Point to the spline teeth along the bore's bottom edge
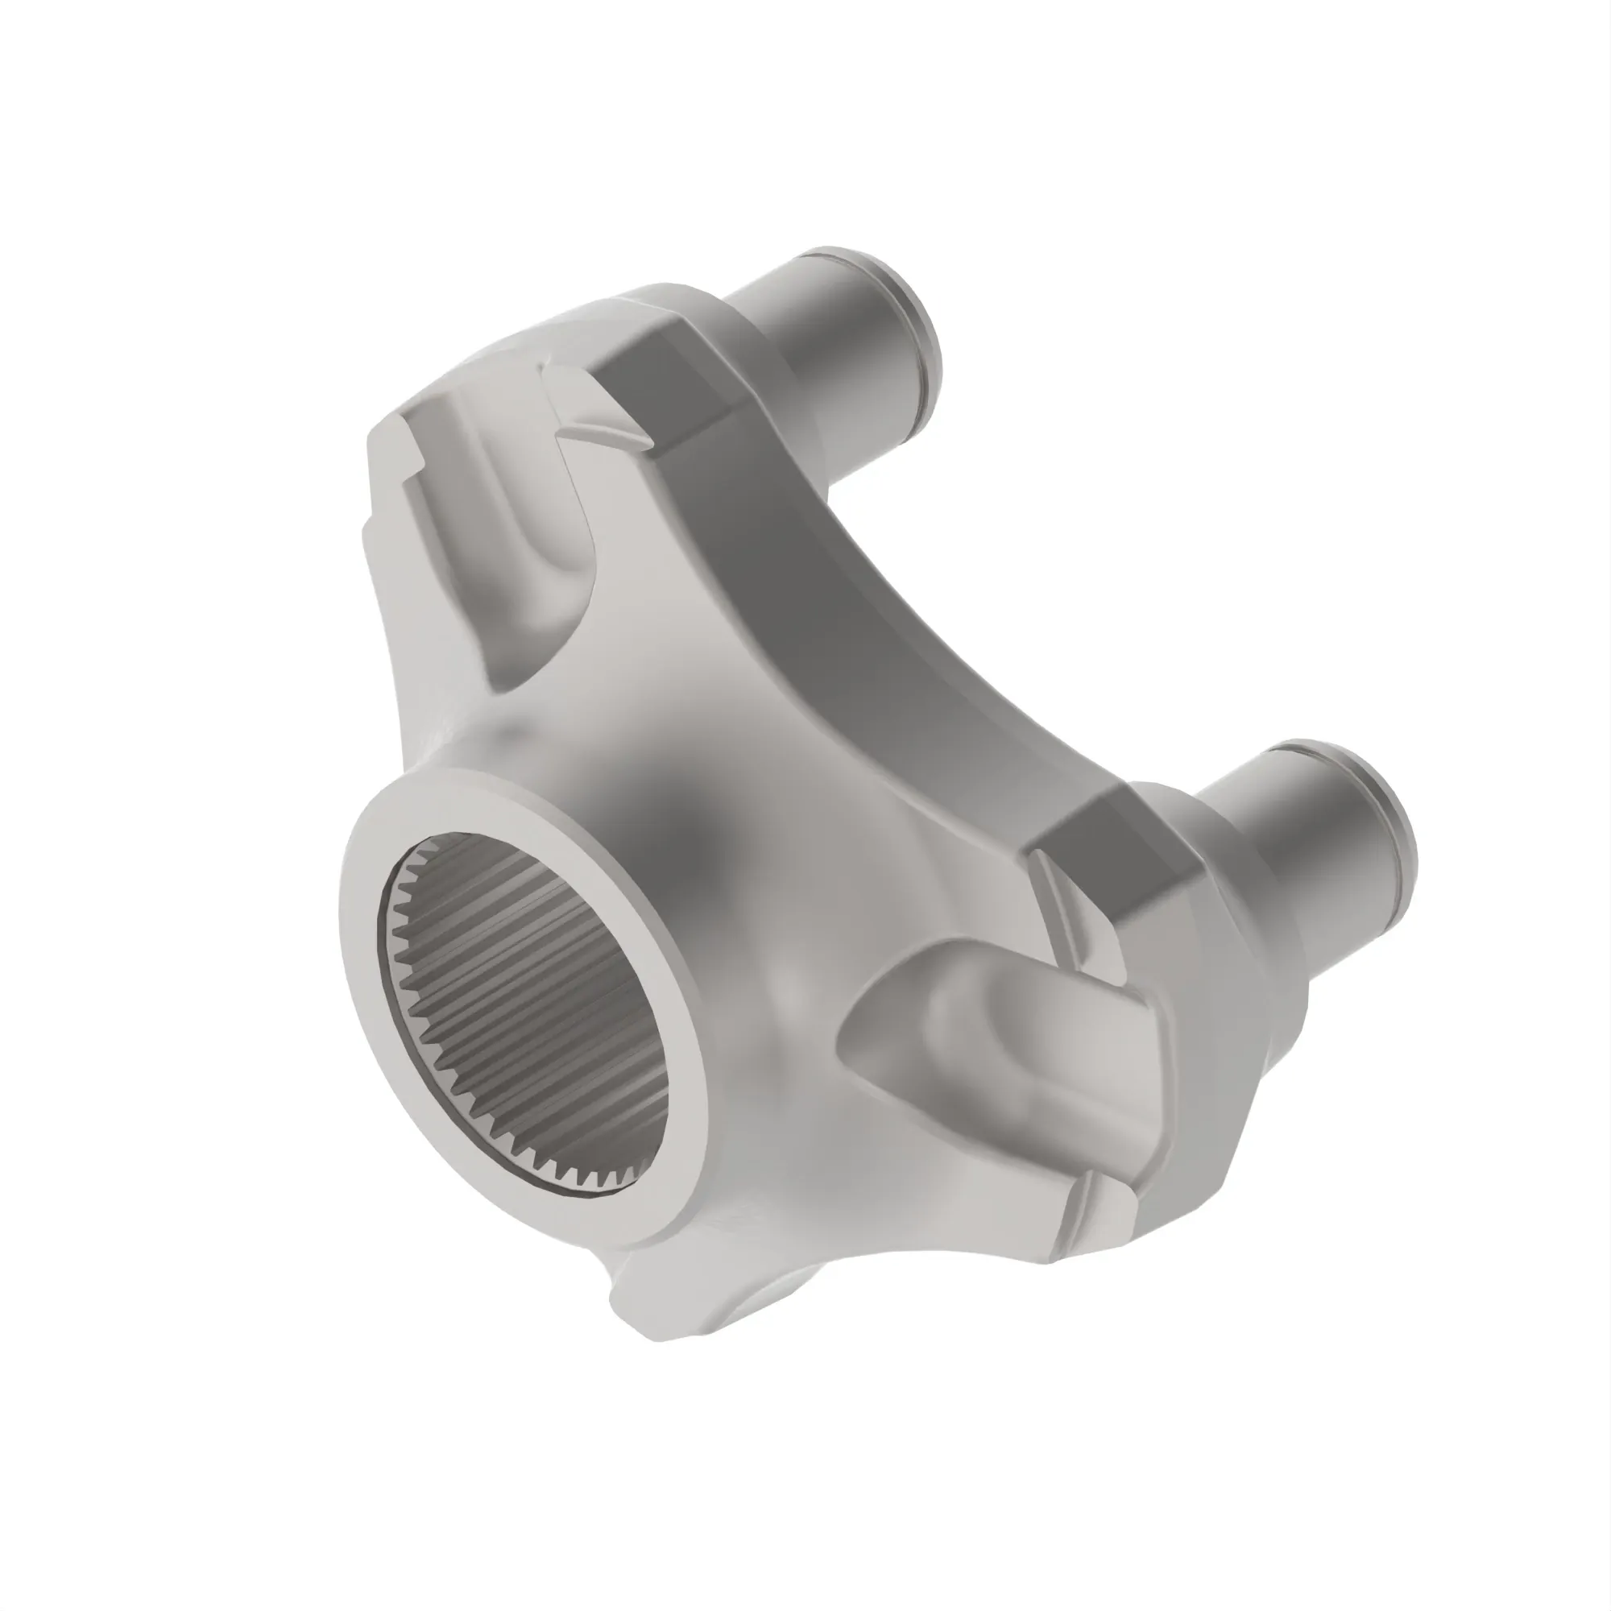575,1167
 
